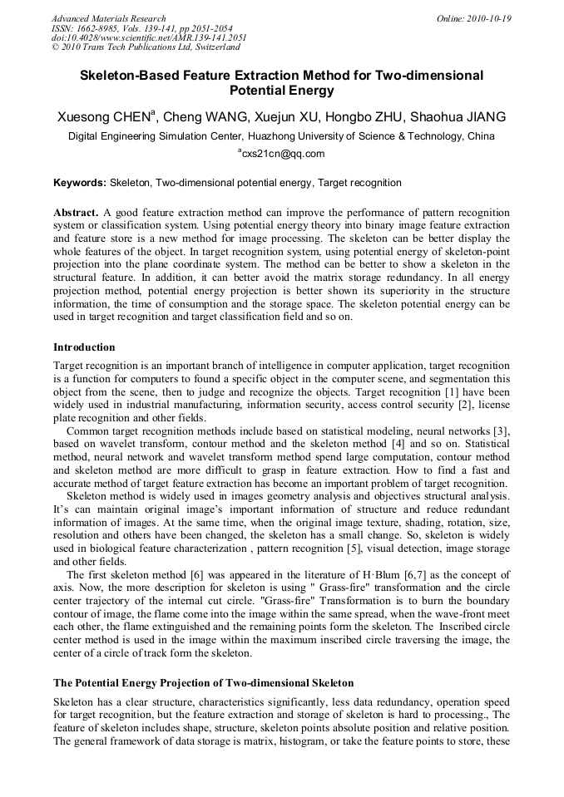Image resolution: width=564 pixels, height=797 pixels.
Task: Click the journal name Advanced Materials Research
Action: [x=108, y=18]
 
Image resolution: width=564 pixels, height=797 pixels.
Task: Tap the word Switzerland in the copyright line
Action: [x=214, y=48]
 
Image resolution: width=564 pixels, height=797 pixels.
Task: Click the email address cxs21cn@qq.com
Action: [x=283, y=154]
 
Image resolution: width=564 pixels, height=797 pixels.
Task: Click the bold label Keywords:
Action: [x=80, y=182]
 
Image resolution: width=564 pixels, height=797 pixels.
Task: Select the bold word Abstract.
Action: [x=76, y=214]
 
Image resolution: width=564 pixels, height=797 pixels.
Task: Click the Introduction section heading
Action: [x=84, y=347]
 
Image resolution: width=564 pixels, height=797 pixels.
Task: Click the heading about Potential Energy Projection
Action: [x=204, y=682]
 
